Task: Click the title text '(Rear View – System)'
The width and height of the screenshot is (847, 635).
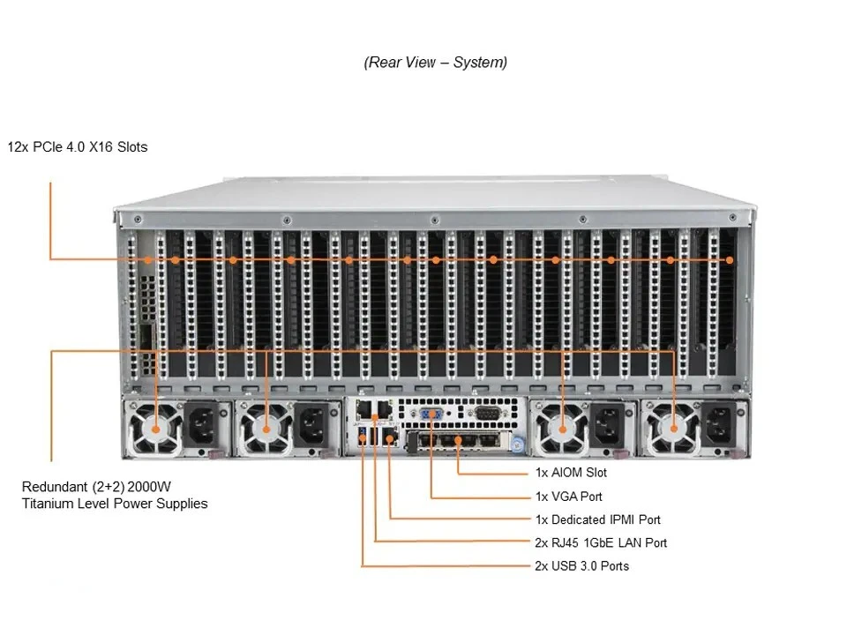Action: point(435,63)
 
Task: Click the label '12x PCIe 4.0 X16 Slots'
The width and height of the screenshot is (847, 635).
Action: point(78,147)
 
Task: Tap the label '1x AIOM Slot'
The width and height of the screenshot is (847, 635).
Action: point(571,473)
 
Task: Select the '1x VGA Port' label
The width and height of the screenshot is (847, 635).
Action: point(569,497)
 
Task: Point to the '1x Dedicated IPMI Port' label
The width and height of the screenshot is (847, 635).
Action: point(597,519)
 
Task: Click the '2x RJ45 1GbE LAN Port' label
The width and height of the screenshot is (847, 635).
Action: point(601,542)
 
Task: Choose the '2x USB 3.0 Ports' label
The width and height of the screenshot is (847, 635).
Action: point(581,565)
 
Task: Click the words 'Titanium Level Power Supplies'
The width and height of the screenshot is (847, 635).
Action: point(115,504)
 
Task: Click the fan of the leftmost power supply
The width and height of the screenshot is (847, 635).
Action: point(156,429)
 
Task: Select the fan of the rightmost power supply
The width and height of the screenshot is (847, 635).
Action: point(675,429)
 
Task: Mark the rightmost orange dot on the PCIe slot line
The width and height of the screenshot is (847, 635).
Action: point(730,260)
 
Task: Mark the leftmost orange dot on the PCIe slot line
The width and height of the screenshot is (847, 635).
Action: point(146,260)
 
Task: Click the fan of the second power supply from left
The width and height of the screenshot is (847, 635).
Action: point(266,429)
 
